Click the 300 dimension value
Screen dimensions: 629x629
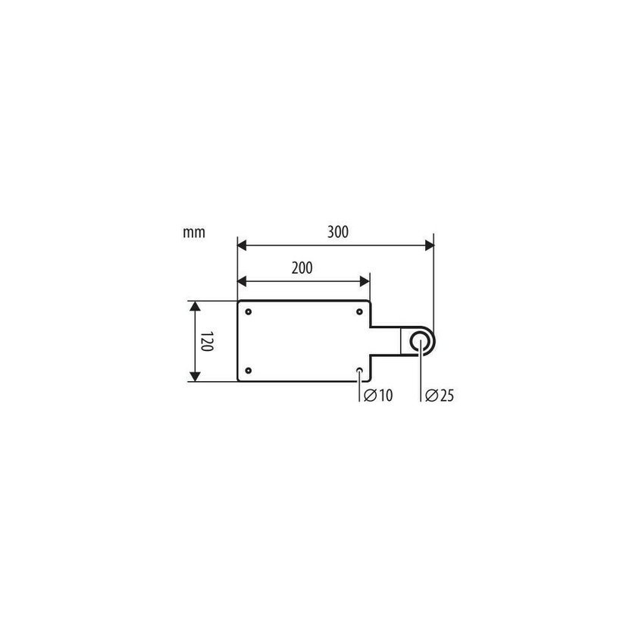pos(338,232)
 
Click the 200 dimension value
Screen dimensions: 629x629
pos(302,268)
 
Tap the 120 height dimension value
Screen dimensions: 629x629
pos(206,341)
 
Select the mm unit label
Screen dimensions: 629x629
pos(194,233)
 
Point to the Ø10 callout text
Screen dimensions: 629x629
pos(378,396)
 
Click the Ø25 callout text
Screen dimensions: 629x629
pos(440,396)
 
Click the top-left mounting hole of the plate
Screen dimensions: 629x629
pos(249,311)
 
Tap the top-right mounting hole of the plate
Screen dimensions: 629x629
pos(359,311)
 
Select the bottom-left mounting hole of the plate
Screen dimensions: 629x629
pos(249,371)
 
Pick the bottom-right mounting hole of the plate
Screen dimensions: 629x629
pos(359,371)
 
